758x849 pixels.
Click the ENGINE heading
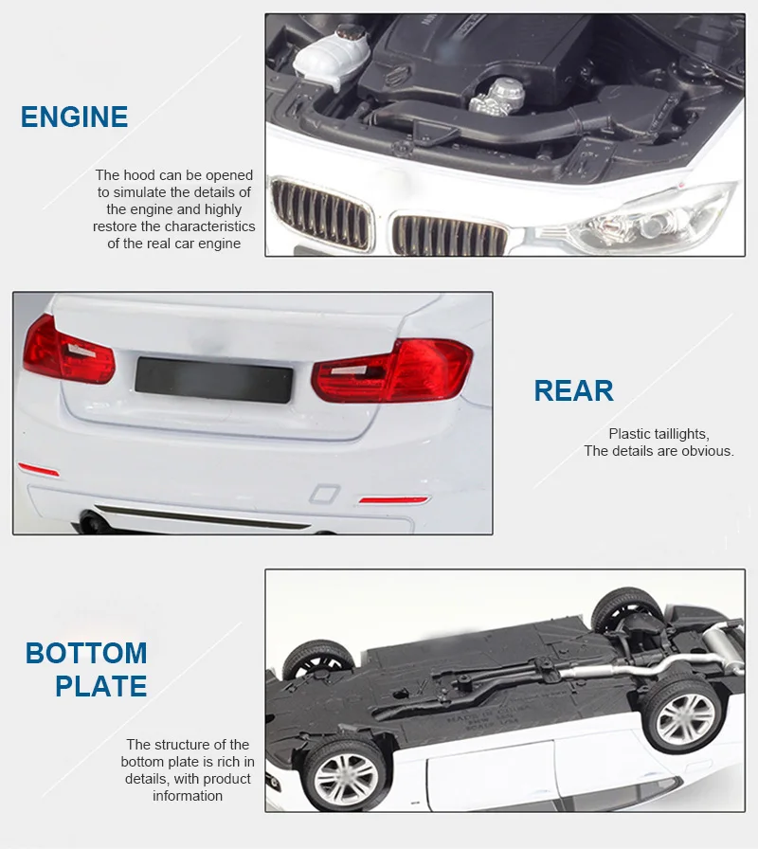74,117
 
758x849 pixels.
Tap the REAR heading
573,391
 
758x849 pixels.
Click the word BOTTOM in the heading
86,653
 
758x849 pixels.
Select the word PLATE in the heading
101,686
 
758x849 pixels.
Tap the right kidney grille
449,235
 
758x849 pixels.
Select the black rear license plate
213,375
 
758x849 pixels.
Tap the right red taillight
393,370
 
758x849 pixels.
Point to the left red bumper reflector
39,471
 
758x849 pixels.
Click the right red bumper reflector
393,499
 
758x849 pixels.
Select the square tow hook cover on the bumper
323,494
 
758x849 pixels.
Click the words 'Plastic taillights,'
659,434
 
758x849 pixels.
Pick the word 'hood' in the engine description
138,175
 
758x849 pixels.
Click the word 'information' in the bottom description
188,796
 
